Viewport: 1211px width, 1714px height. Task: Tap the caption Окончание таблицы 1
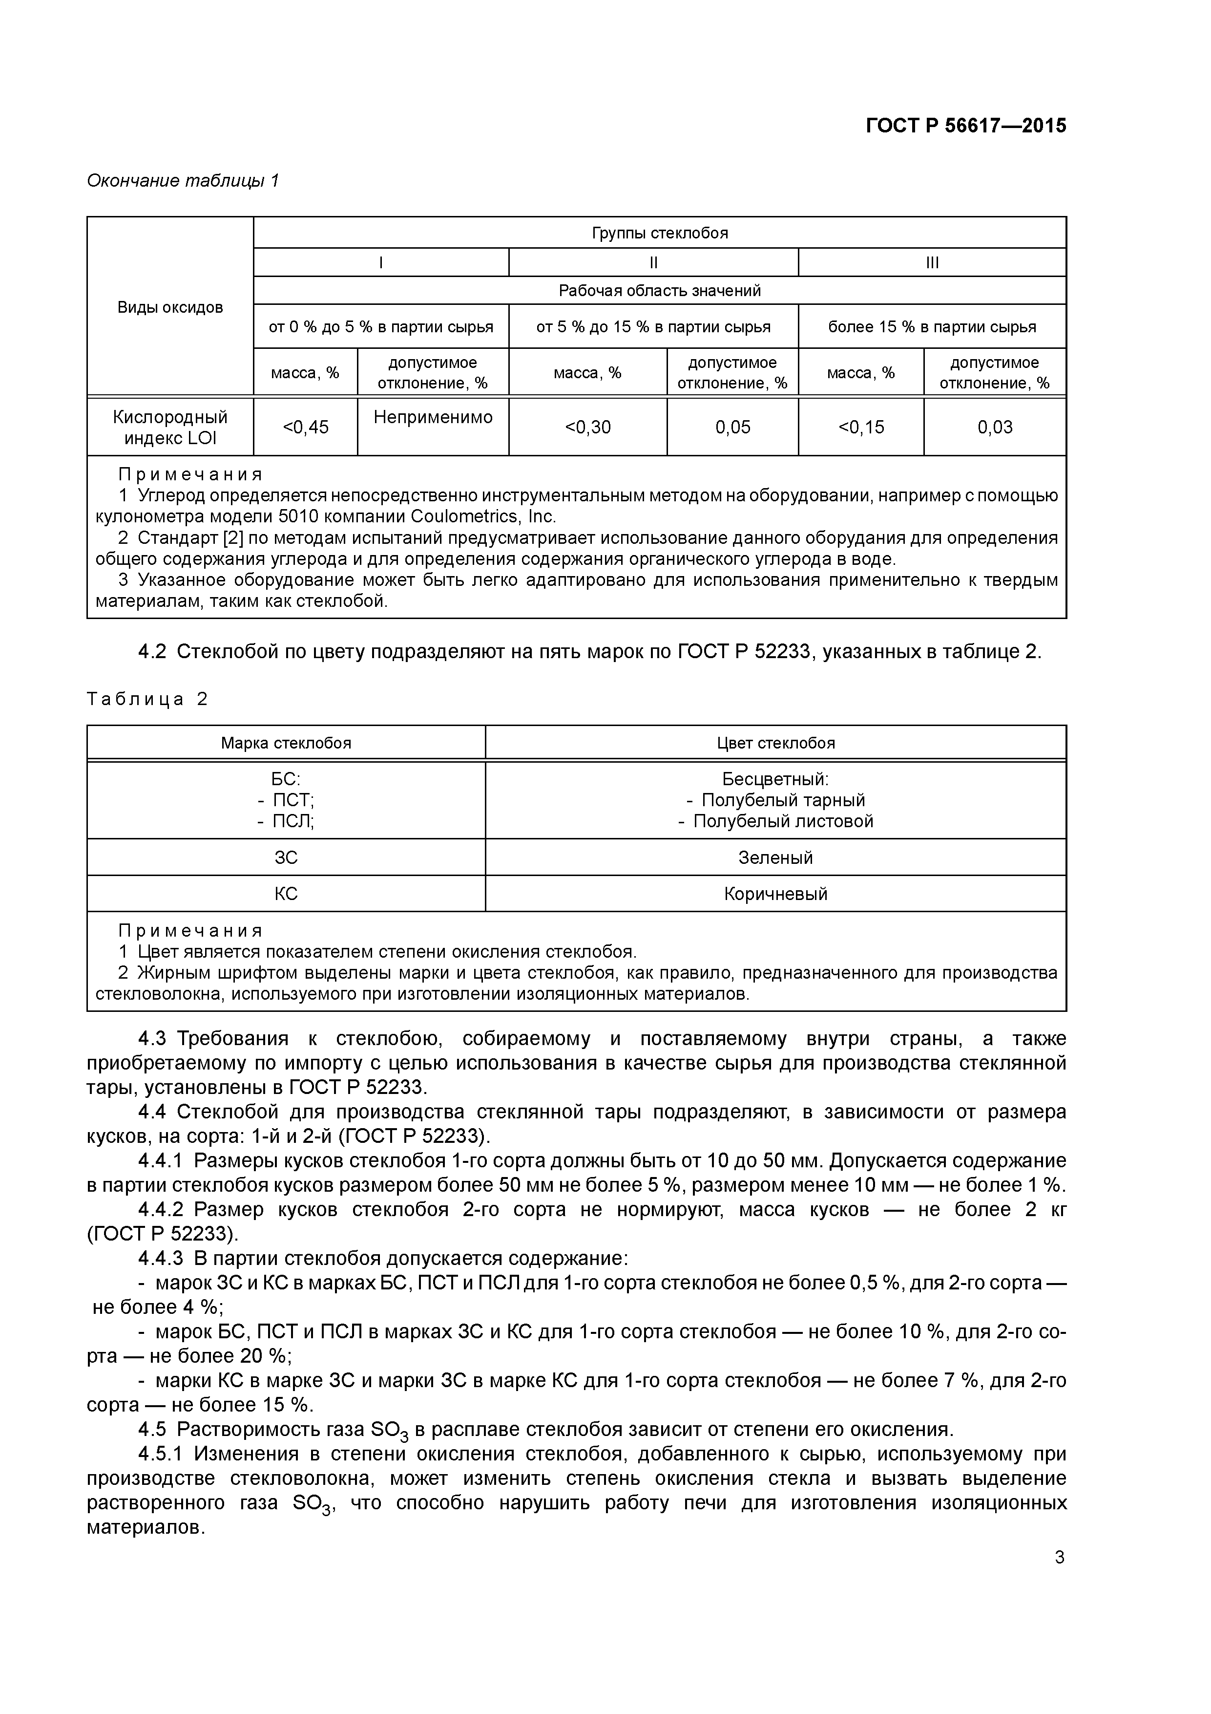coord(183,181)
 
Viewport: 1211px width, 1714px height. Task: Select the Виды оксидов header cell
coord(170,307)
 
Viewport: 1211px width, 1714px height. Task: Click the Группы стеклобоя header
coord(660,233)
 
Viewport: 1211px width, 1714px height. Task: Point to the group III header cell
coord(932,263)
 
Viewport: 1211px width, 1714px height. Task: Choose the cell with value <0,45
coord(305,427)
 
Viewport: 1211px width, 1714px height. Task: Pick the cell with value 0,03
coord(995,427)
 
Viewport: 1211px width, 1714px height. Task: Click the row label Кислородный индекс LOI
coord(170,428)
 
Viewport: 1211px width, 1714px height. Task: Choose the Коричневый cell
coord(775,894)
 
